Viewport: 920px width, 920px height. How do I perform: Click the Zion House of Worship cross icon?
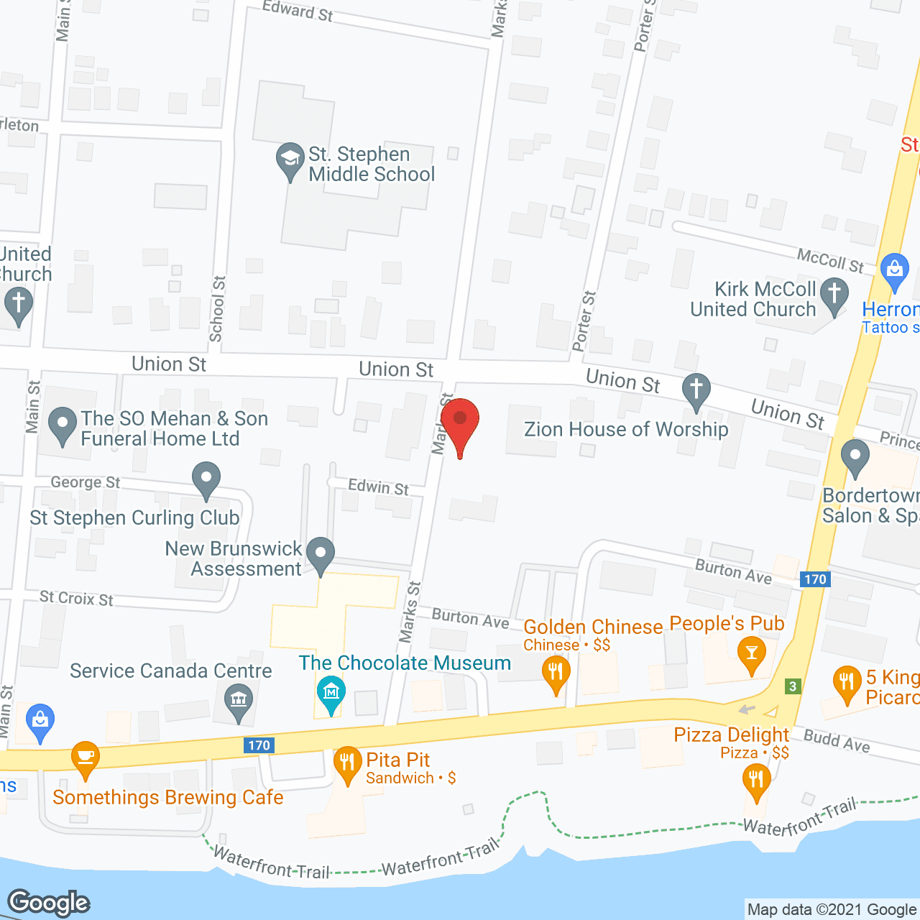point(696,390)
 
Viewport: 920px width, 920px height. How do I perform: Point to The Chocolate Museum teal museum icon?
point(331,693)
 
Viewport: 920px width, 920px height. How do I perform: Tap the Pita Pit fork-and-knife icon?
point(347,763)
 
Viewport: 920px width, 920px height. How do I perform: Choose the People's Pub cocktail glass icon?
point(752,653)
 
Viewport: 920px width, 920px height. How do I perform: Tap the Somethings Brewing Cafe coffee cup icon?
point(86,758)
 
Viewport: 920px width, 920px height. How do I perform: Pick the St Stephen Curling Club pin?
point(206,479)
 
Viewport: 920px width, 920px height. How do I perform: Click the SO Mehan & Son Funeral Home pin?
point(63,424)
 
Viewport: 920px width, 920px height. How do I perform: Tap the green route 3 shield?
point(793,686)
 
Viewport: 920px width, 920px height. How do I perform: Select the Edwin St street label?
point(378,487)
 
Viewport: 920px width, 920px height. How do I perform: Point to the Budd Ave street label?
point(837,741)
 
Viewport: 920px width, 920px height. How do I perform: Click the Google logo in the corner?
point(49,903)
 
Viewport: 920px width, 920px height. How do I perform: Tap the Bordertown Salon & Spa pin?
point(855,457)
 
